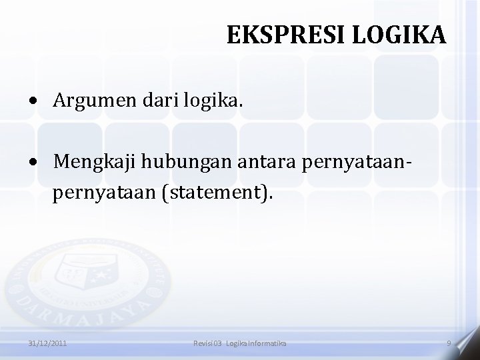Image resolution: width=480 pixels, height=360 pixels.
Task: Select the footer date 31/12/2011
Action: click(x=47, y=343)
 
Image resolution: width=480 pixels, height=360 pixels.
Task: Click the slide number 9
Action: click(x=449, y=343)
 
